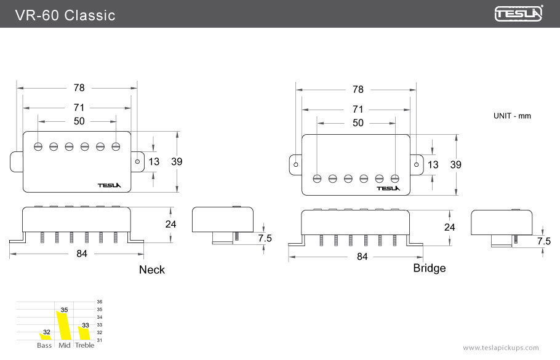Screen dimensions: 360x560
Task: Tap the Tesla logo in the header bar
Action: coord(519,14)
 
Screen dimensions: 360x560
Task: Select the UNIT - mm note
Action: coord(511,116)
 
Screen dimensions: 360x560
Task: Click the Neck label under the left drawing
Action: coord(152,270)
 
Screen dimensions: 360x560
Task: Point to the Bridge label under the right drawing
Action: coord(429,268)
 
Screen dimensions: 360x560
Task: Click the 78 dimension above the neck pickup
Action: coord(79,88)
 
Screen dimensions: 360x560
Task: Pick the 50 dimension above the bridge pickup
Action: coord(358,123)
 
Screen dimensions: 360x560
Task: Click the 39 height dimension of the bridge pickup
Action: coord(456,164)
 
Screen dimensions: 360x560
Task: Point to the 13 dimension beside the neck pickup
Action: coord(153,162)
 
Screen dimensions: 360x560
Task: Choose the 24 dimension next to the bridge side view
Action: coord(450,227)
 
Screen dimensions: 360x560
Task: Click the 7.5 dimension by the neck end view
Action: coord(265,238)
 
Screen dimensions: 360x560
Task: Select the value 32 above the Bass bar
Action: coord(47,332)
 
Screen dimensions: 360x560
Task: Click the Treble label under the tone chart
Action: coord(84,345)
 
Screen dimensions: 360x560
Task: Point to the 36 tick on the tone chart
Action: coord(100,302)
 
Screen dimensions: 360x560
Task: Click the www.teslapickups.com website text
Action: coord(500,348)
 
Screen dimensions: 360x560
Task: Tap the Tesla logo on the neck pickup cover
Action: coord(110,185)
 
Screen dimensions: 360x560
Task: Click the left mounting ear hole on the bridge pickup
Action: coord(296,165)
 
